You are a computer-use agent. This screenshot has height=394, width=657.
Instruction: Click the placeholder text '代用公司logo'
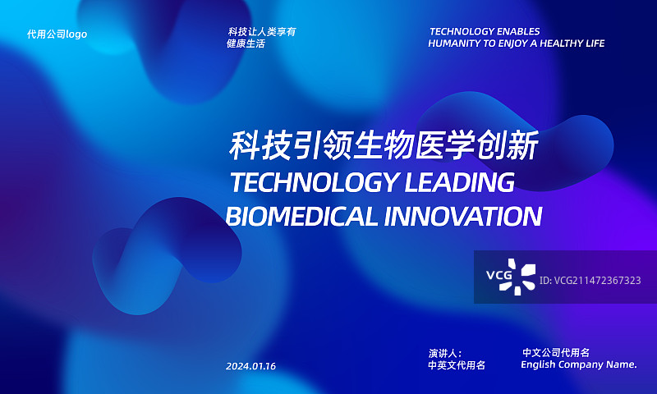57,34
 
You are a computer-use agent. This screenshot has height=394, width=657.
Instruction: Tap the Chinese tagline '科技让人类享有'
262,32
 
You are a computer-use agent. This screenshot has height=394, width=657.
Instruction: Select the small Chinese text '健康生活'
246,44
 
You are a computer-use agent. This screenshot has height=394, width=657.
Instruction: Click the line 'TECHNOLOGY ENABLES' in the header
485,32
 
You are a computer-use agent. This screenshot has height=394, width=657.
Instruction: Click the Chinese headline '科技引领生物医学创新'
384,148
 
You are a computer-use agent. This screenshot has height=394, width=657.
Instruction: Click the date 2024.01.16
250,366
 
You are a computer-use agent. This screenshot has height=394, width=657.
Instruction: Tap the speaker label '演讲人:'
445,353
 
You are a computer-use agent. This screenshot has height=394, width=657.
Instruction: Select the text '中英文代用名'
457,365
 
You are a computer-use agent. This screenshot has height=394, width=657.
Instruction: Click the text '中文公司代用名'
556,352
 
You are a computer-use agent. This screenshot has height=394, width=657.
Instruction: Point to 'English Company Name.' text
579,364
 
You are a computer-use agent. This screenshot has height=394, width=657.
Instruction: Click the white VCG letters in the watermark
498,275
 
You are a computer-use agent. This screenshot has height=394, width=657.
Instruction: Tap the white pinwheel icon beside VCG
525,277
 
